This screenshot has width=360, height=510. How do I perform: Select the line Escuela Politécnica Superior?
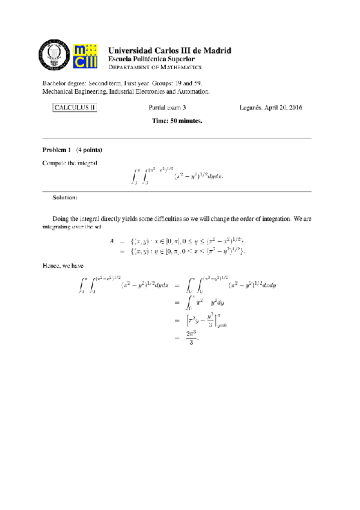click(x=151, y=60)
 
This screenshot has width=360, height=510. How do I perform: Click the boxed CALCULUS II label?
click(x=75, y=108)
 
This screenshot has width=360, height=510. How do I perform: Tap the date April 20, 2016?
click(x=286, y=108)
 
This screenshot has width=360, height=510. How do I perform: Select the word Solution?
click(x=65, y=197)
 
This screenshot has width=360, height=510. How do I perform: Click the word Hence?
click(x=51, y=264)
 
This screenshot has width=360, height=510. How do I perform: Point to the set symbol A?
click(x=112, y=241)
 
